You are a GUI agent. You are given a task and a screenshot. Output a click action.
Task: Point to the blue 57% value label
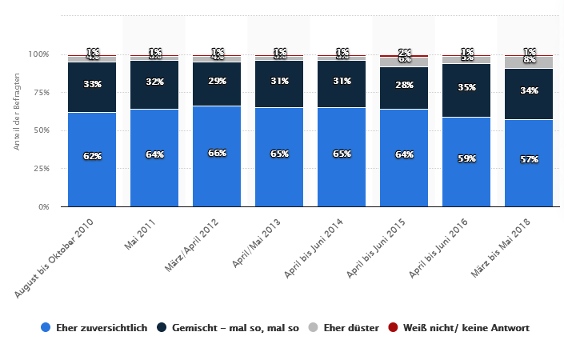529,159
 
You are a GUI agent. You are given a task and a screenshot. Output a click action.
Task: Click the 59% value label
466,158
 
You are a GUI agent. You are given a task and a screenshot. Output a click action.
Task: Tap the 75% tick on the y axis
40,92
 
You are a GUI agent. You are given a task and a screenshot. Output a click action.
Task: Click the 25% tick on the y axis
40,169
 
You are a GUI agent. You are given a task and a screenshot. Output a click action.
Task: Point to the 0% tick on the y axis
43,206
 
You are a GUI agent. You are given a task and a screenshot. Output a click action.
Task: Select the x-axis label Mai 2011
141,234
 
